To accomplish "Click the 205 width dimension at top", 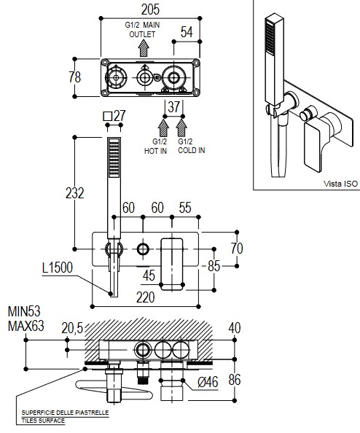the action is point(150,9).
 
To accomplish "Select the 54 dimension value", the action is point(187,32).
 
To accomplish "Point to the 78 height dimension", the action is point(75,77).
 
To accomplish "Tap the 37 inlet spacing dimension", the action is point(173,107).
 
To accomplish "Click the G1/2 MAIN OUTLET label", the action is point(142,30).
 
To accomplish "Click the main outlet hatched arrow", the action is point(144,48).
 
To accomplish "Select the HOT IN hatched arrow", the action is point(163,128).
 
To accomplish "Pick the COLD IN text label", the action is point(192,150).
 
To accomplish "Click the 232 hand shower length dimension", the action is point(75,193).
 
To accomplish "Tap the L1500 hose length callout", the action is point(58,268).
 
